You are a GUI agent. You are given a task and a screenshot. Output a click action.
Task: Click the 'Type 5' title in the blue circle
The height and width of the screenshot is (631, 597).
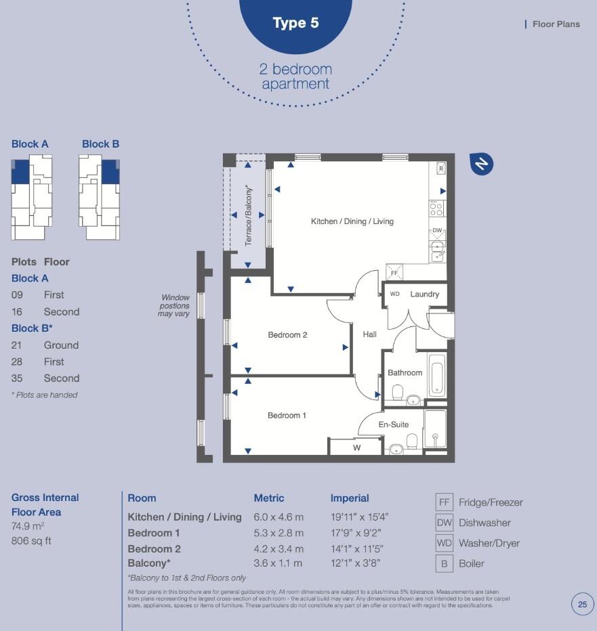coord(295,23)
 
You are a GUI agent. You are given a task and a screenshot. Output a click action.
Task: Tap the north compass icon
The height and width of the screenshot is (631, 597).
coord(481,164)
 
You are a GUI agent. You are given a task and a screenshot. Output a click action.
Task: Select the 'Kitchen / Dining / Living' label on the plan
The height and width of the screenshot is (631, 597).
coord(352,221)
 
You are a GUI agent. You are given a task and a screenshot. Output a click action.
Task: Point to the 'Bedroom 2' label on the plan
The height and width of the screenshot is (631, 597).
coord(287,334)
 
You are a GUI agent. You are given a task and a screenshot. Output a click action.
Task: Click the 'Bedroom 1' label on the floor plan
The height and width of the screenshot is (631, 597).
coord(287,415)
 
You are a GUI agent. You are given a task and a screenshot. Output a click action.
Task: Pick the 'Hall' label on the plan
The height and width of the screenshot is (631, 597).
coord(369,334)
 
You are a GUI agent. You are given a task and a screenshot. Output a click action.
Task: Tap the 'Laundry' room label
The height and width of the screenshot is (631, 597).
coord(424,294)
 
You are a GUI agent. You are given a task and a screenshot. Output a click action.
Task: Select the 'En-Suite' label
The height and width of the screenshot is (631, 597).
coord(393,425)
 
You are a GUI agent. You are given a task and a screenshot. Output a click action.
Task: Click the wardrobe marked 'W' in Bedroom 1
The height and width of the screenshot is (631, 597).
coord(356,448)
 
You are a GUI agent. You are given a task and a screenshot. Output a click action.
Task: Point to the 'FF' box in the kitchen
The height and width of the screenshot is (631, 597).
coord(394,272)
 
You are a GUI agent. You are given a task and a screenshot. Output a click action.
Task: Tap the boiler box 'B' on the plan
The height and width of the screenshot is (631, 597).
coord(441,168)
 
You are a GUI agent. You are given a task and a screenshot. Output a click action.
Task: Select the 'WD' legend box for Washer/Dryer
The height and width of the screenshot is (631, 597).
coord(444,543)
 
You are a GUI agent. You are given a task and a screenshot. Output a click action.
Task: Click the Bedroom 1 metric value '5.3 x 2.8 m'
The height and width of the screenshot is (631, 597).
coord(279,533)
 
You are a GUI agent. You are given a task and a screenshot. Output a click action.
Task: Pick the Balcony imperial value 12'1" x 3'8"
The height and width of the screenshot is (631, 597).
coord(355,563)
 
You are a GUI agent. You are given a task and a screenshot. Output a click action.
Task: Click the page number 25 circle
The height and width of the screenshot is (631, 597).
coord(582,604)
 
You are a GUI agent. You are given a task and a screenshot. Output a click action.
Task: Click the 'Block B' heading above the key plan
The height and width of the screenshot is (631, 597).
coord(100,144)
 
